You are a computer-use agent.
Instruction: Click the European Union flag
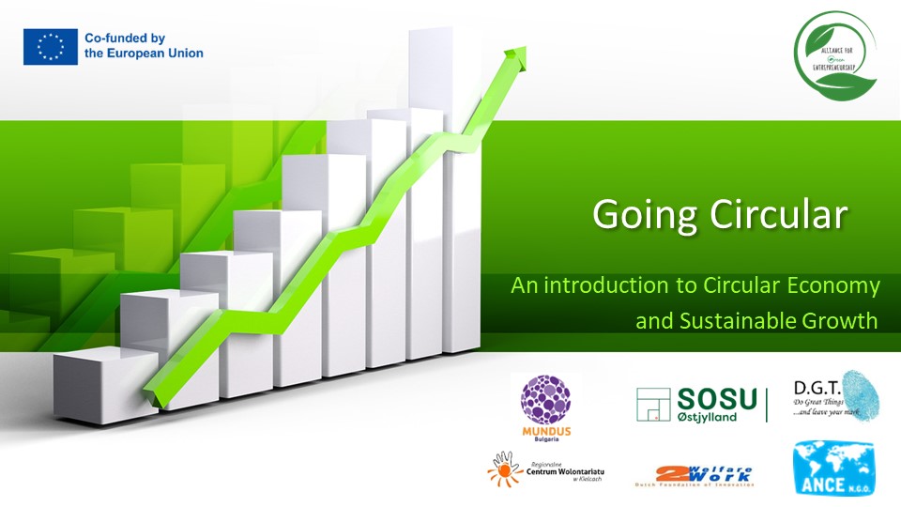pos(51,46)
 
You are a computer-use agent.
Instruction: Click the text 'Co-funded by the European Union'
pos(144,46)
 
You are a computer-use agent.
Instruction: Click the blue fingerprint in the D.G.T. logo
pos(858,392)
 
